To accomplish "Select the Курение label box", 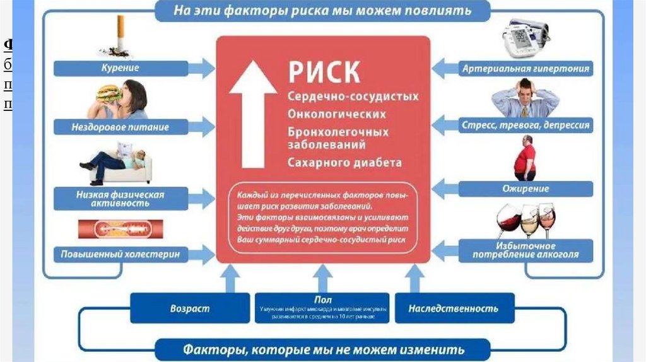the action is (x=120, y=68).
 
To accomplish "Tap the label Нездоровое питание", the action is (x=120, y=127).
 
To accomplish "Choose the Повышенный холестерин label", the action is (x=120, y=255).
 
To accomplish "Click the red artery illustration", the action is (x=120, y=228).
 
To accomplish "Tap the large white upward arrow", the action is (x=253, y=114).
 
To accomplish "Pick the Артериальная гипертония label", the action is (x=526, y=68).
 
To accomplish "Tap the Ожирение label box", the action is (x=526, y=189).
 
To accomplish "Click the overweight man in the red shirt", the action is (x=525, y=158).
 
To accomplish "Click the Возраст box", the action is (x=189, y=308).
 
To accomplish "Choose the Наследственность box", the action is (x=453, y=308).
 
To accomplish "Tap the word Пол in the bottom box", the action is (x=322, y=300).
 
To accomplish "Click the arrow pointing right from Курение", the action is (x=203, y=68).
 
